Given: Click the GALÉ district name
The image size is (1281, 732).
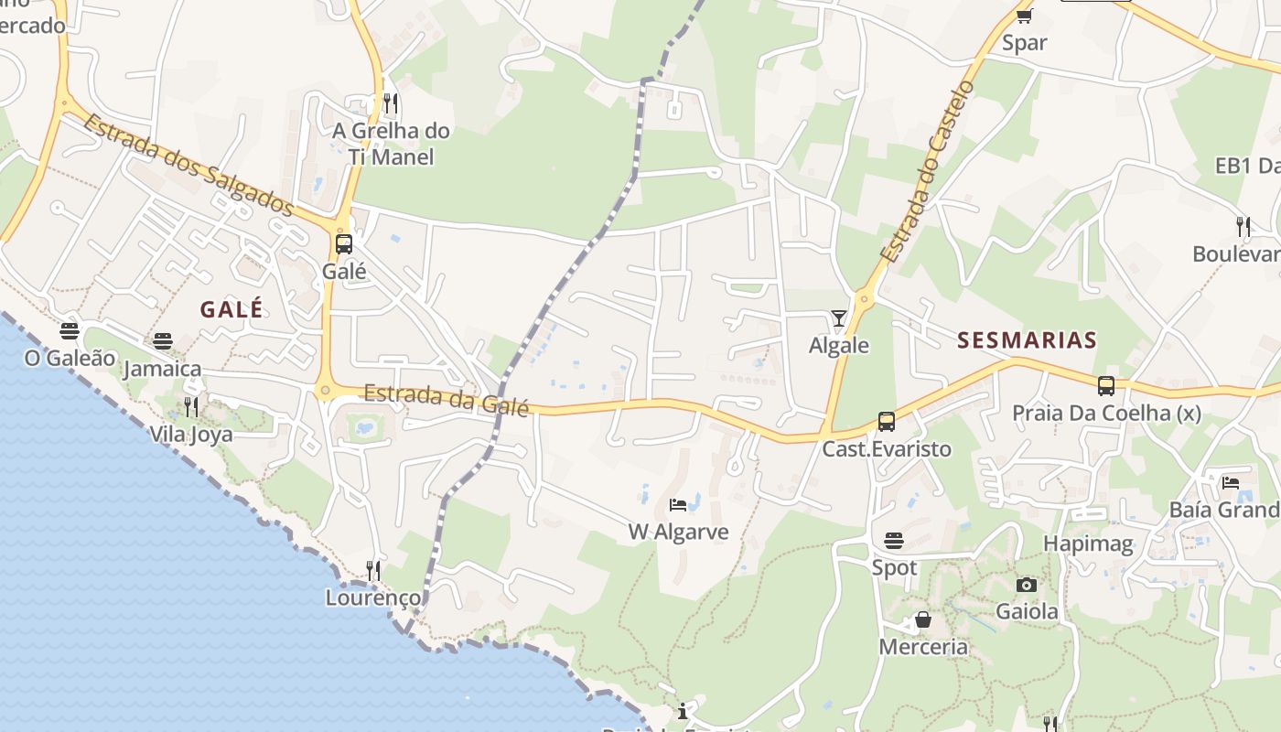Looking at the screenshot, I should point(231,309).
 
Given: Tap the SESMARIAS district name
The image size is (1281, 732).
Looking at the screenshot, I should point(1027,340).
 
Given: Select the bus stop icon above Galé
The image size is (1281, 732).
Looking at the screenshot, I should point(344,244).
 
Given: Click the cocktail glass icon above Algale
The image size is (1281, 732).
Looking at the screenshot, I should point(839,318).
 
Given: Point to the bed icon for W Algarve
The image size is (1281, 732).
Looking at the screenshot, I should point(678,505).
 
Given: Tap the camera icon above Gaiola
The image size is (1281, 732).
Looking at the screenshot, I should point(1027,585).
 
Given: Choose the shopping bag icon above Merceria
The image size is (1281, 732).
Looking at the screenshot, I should point(923,620).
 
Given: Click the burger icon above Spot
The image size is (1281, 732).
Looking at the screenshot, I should point(894,541).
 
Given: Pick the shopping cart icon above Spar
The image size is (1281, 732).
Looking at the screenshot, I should point(1024,16).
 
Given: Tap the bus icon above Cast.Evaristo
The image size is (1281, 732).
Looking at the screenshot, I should point(886,422).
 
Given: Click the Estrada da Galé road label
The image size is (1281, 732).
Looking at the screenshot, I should point(447,400).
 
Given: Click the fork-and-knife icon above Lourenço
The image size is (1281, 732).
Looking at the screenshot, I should point(372,571).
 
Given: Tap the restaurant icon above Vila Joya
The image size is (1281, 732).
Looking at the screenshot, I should point(191,406).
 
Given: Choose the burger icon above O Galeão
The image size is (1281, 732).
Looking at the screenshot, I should point(70,330).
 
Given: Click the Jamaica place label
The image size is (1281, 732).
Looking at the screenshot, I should point(162,369).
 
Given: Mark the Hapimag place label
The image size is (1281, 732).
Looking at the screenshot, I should point(1088,544).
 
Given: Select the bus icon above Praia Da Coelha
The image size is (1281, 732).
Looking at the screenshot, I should point(1106,386).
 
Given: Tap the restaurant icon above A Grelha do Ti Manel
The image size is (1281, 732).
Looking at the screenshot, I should point(391,102).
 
